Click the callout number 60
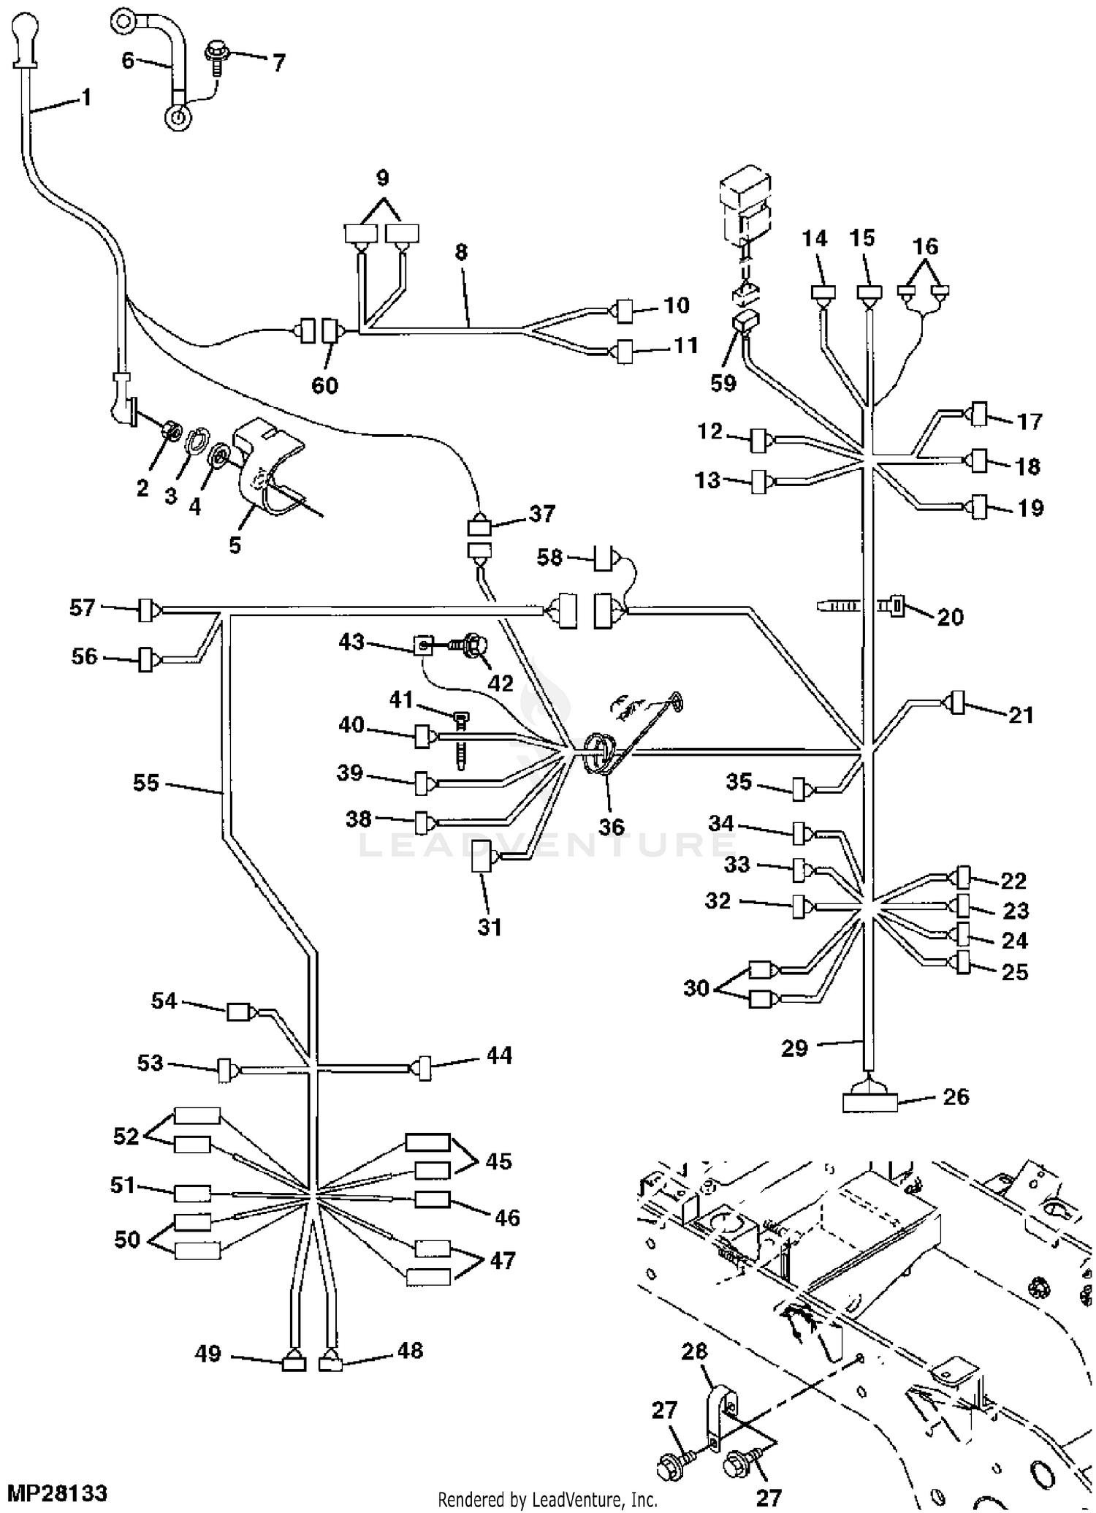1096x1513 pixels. (x=325, y=385)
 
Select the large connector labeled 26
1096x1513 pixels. (x=869, y=1101)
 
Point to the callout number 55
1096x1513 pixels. (x=146, y=783)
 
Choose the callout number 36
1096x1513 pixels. (x=612, y=826)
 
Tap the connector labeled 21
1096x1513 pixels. (x=956, y=703)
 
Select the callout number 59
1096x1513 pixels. (x=723, y=383)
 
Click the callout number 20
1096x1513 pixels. (x=951, y=617)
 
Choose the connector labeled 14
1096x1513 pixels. (x=823, y=292)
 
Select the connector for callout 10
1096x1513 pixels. (x=625, y=311)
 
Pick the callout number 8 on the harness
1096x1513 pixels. (x=460, y=252)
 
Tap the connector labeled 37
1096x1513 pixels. (x=479, y=527)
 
